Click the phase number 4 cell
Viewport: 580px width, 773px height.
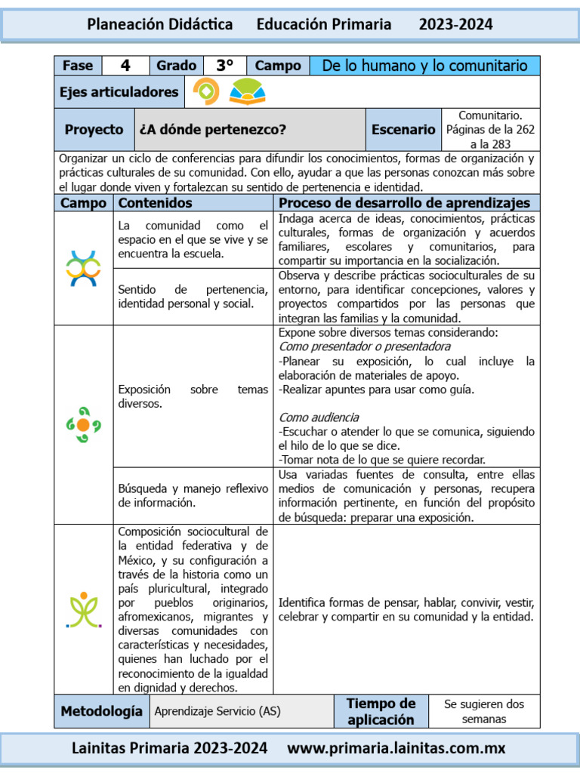tap(125, 66)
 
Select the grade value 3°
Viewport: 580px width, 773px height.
tap(224, 66)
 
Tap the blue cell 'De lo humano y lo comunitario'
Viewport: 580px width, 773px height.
tap(424, 66)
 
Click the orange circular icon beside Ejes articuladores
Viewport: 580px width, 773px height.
tap(206, 91)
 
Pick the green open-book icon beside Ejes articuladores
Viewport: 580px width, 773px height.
tap(247, 92)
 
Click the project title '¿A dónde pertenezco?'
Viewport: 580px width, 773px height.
tap(213, 130)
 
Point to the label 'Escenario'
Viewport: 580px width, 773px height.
tap(403, 130)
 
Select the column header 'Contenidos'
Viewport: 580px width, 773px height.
tap(156, 203)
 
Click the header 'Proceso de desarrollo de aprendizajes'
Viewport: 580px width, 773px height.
tap(404, 203)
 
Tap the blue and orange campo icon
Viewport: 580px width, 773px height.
tap(83, 268)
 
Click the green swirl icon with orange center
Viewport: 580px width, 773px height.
tap(83, 425)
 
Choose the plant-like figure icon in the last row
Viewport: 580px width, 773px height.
tap(83, 609)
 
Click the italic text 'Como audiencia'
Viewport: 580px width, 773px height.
tap(319, 417)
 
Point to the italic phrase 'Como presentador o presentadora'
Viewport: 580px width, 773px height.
tap(365, 346)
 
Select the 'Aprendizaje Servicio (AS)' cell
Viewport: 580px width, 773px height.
tap(217, 711)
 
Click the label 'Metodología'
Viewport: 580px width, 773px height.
tap(101, 711)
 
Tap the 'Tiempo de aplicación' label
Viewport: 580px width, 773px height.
tap(381, 711)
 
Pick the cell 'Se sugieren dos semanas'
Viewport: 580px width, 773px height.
tap(483, 711)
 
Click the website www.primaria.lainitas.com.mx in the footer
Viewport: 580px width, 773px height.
tap(396, 748)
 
